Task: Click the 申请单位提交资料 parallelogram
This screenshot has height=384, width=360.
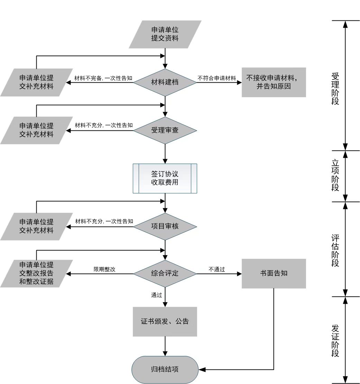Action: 165,34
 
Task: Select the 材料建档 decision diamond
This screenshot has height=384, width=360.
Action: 165,82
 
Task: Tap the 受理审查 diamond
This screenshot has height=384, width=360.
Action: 165,130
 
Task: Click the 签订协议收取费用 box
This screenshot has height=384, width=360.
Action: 165,178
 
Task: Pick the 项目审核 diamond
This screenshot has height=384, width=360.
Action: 165,226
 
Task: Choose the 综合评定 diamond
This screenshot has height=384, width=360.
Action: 165,273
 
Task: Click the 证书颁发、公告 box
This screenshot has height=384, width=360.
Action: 165,321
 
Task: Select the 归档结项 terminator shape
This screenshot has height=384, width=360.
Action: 165,369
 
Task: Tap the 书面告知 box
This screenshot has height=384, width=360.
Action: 274,273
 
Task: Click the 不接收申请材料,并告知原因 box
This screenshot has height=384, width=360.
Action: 274,82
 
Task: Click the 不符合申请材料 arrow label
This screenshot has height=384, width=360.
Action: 217,78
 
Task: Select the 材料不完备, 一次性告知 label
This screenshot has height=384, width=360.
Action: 104,78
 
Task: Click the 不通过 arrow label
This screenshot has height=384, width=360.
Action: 217,269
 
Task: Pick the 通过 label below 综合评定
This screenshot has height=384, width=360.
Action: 156,295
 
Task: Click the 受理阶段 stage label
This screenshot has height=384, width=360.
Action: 335,89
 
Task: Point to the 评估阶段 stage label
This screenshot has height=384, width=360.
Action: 335,251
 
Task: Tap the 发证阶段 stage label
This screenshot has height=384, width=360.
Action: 335,341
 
